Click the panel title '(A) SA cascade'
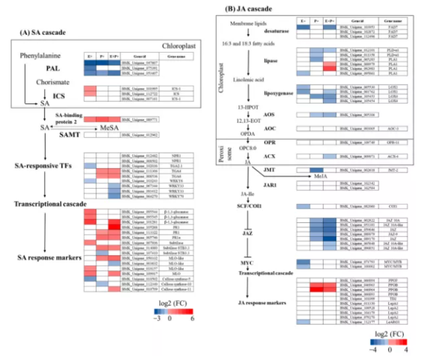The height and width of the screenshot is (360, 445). [43, 32]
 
